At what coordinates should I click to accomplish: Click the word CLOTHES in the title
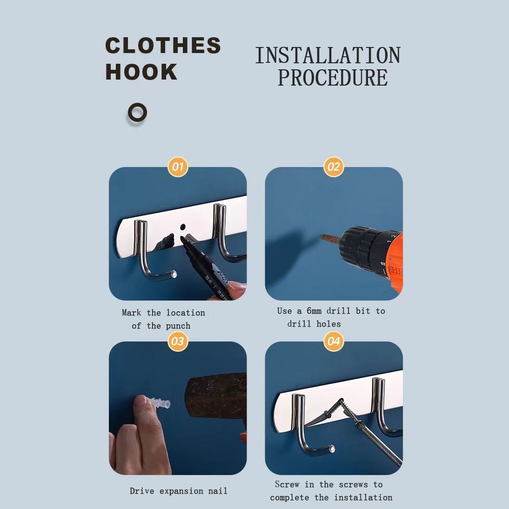[x=163, y=46]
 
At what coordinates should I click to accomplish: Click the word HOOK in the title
[x=141, y=72]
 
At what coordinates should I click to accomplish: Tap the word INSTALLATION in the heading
[x=328, y=56]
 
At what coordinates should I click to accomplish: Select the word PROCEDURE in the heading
[x=333, y=78]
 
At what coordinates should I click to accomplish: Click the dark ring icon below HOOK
[x=137, y=113]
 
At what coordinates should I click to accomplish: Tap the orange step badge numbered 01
[x=178, y=167]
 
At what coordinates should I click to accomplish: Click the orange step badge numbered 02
[x=334, y=167]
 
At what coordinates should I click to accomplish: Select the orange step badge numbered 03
[x=178, y=341]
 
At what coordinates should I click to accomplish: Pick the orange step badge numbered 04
[x=334, y=341]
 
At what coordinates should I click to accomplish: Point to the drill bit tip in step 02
[x=324, y=238]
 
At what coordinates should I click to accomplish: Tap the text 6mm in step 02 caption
[x=314, y=311]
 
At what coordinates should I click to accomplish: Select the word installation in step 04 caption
[x=363, y=497]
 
